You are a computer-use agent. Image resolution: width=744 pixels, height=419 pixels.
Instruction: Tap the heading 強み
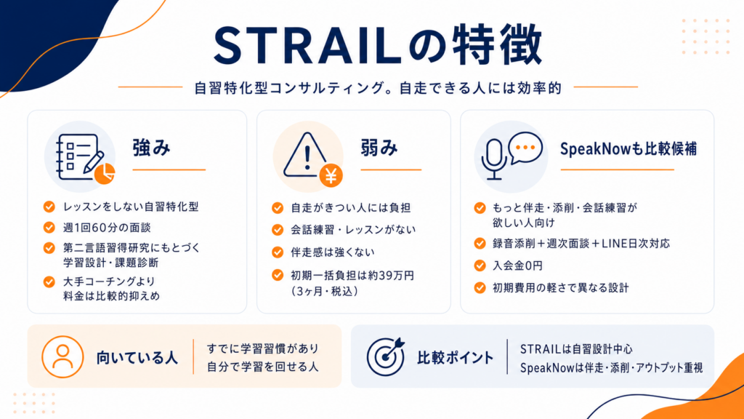coord(151,148)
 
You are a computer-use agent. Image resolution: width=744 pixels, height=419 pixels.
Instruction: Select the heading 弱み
coord(379,148)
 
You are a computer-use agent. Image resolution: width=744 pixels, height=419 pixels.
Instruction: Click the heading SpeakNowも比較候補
coord(628,149)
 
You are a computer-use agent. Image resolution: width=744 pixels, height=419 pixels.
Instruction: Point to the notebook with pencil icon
coord(80,157)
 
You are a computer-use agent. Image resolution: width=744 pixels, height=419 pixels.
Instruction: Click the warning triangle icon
coord(306,155)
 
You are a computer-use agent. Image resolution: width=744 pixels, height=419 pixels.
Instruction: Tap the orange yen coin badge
coord(331,176)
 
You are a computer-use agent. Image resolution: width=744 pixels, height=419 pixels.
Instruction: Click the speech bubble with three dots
coord(525,148)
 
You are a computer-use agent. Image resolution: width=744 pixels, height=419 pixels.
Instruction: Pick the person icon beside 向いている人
coord(62,356)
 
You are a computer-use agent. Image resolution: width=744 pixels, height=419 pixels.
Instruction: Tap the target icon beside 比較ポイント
coord(386,356)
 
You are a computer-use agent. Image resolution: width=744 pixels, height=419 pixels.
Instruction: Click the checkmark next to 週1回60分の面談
coord(49,228)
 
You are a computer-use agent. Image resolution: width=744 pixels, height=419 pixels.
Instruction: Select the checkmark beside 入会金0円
coord(480,266)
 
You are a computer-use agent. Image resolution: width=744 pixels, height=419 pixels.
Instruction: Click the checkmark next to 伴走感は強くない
coord(278,252)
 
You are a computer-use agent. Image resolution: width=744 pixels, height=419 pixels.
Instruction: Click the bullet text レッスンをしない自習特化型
coord(131,207)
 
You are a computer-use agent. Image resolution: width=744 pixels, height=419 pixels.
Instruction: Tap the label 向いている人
coord(137,358)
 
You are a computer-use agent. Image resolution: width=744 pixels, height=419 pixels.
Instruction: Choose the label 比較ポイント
coord(456,358)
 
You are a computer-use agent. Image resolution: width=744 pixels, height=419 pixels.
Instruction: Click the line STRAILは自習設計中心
coord(576,349)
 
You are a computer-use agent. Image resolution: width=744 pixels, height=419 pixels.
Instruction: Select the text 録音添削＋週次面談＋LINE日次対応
coord(581,244)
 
